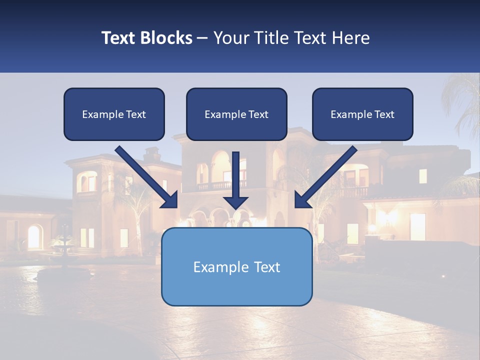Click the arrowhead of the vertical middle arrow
[236, 202]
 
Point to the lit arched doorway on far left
[34, 236]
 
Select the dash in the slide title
[202, 38]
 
